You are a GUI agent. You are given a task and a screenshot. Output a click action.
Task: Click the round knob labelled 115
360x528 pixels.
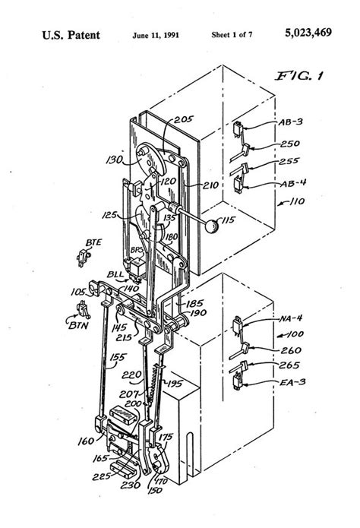(x=211, y=225)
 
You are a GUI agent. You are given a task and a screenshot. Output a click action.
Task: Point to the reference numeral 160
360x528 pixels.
(x=86, y=440)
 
